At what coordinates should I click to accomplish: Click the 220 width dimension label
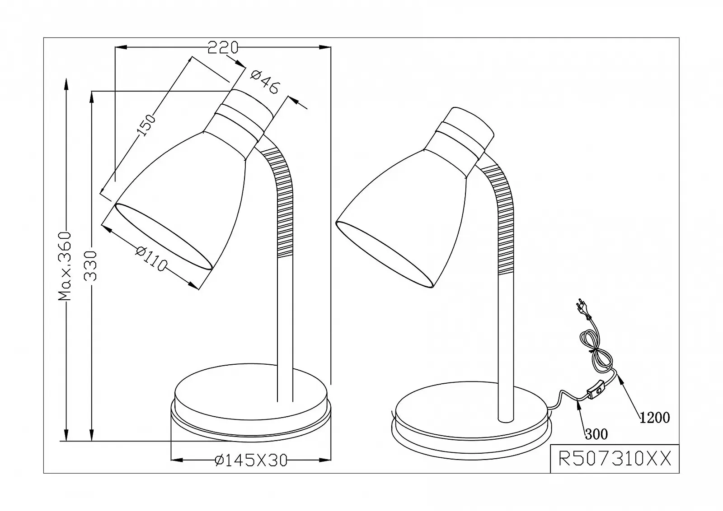223,47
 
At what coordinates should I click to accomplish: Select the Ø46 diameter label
265,82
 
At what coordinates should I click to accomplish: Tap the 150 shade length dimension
146,125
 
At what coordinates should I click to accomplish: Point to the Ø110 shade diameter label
151,259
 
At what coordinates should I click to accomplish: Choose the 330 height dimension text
90,266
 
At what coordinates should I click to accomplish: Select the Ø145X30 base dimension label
251,460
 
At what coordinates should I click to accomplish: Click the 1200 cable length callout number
655,418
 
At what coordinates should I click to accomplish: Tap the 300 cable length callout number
596,434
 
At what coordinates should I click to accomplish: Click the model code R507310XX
615,459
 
